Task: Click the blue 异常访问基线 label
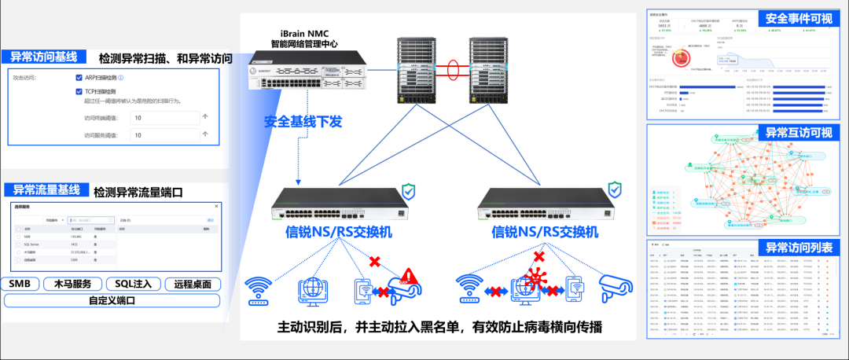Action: pyautogui.click(x=43, y=57)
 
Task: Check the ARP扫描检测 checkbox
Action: pyautogui.click(x=79, y=78)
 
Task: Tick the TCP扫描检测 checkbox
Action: pyautogui.click(x=79, y=91)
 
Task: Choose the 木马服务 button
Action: pyautogui.click(x=73, y=284)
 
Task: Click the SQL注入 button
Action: pyautogui.click(x=138, y=284)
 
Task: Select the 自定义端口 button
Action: pyautogui.click(x=112, y=300)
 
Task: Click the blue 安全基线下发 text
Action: pyautogui.click(x=303, y=122)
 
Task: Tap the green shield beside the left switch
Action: pyautogui.click(x=409, y=191)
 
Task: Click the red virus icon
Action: pyautogui.click(x=538, y=277)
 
